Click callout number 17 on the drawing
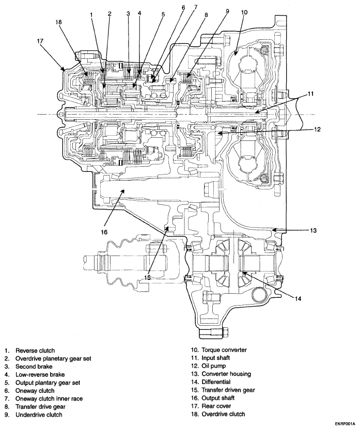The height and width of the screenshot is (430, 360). pyautogui.click(x=40, y=41)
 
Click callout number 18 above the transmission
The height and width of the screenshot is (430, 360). pyautogui.click(x=58, y=22)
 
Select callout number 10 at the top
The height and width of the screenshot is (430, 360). pyautogui.click(x=244, y=12)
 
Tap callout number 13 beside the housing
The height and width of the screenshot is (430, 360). pyautogui.click(x=313, y=231)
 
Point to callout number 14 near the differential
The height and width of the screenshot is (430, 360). pyautogui.click(x=298, y=299)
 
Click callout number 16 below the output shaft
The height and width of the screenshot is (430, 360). pyautogui.click(x=104, y=232)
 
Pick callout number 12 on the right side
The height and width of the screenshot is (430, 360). pyautogui.click(x=317, y=129)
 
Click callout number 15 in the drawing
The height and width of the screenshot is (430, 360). pyautogui.click(x=148, y=278)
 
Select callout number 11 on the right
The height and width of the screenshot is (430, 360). pyautogui.click(x=310, y=94)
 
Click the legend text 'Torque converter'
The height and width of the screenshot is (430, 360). pyautogui.click(x=224, y=350)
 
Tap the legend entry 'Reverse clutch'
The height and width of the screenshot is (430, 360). pyautogui.click(x=35, y=351)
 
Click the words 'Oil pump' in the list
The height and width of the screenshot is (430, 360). pyautogui.click(x=214, y=366)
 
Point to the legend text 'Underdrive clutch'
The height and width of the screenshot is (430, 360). pyautogui.click(x=39, y=415)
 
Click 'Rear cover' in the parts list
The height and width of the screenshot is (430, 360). pyautogui.click(x=216, y=406)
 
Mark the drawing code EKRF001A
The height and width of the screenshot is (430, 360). pyautogui.click(x=346, y=424)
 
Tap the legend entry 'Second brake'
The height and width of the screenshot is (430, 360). pyautogui.click(x=34, y=367)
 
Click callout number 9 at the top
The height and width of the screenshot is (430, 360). pyautogui.click(x=227, y=11)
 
